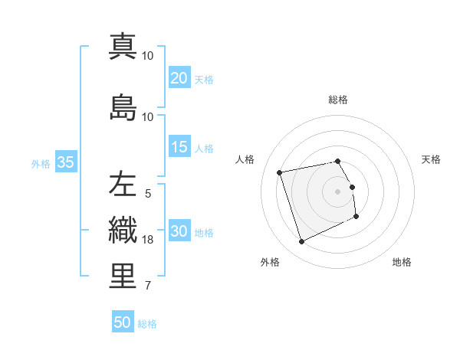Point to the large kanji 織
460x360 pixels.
(x=123, y=230)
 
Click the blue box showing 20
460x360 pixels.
(x=179, y=78)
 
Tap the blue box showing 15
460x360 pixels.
(x=179, y=147)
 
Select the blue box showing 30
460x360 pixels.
(x=179, y=231)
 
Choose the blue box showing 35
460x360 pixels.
(x=65, y=162)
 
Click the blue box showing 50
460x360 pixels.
(x=122, y=322)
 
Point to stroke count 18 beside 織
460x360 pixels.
(x=149, y=240)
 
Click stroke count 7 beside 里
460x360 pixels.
(x=149, y=286)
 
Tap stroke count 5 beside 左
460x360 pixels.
(x=148, y=194)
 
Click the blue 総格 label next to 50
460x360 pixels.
(x=147, y=324)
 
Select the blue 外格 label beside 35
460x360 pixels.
(x=40, y=163)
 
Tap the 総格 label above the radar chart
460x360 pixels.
(x=337, y=100)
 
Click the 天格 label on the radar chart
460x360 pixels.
(x=431, y=159)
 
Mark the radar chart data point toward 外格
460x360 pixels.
(x=301, y=242)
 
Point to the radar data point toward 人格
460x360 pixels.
(x=280, y=172)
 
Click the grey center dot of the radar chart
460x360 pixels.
(x=337, y=191)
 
